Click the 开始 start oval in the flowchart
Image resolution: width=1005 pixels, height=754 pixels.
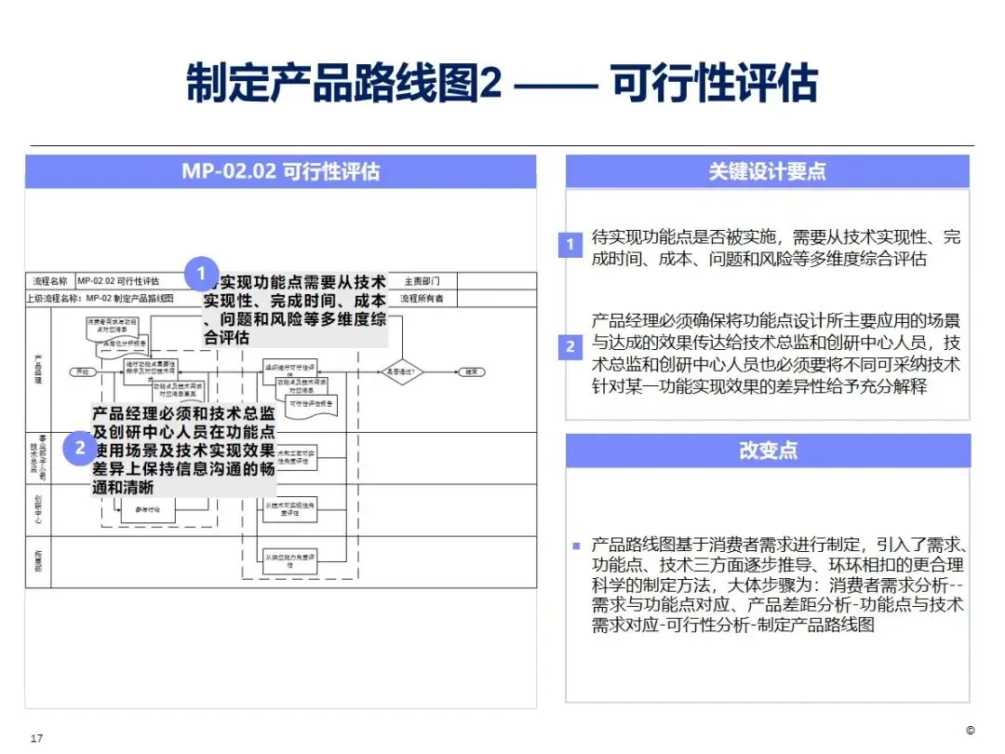pyautogui.click(x=82, y=372)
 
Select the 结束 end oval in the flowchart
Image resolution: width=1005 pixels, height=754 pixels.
pyautogui.click(x=474, y=372)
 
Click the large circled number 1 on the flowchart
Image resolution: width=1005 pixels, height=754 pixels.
pyautogui.click(x=201, y=275)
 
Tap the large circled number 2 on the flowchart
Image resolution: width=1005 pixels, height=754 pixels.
pyautogui.click(x=81, y=449)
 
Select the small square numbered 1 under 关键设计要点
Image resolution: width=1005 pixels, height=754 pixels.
pyautogui.click(x=570, y=246)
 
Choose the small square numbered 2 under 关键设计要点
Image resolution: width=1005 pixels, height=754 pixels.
pyautogui.click(x=570, y=347)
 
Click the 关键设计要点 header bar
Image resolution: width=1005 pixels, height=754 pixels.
pyautogui.click(x=767, y=171)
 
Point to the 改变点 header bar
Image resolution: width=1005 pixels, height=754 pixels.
pyautogui.click(x=767, y=451)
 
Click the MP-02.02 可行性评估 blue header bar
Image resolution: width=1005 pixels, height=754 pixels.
pyautogui.click(x=280, y=171)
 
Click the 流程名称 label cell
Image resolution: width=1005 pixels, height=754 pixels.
pyautogui.click(x=50, y=281)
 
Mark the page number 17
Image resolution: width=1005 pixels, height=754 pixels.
pyautogui.click(x=37, y=738)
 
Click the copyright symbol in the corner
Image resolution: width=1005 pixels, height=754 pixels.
pyautogui.click(x=970, y=730)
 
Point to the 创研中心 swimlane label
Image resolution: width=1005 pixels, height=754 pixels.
pyautogui.click(x=38, y=509)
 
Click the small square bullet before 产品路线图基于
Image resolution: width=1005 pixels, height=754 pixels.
pyautogui.click(x=576, y=545)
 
